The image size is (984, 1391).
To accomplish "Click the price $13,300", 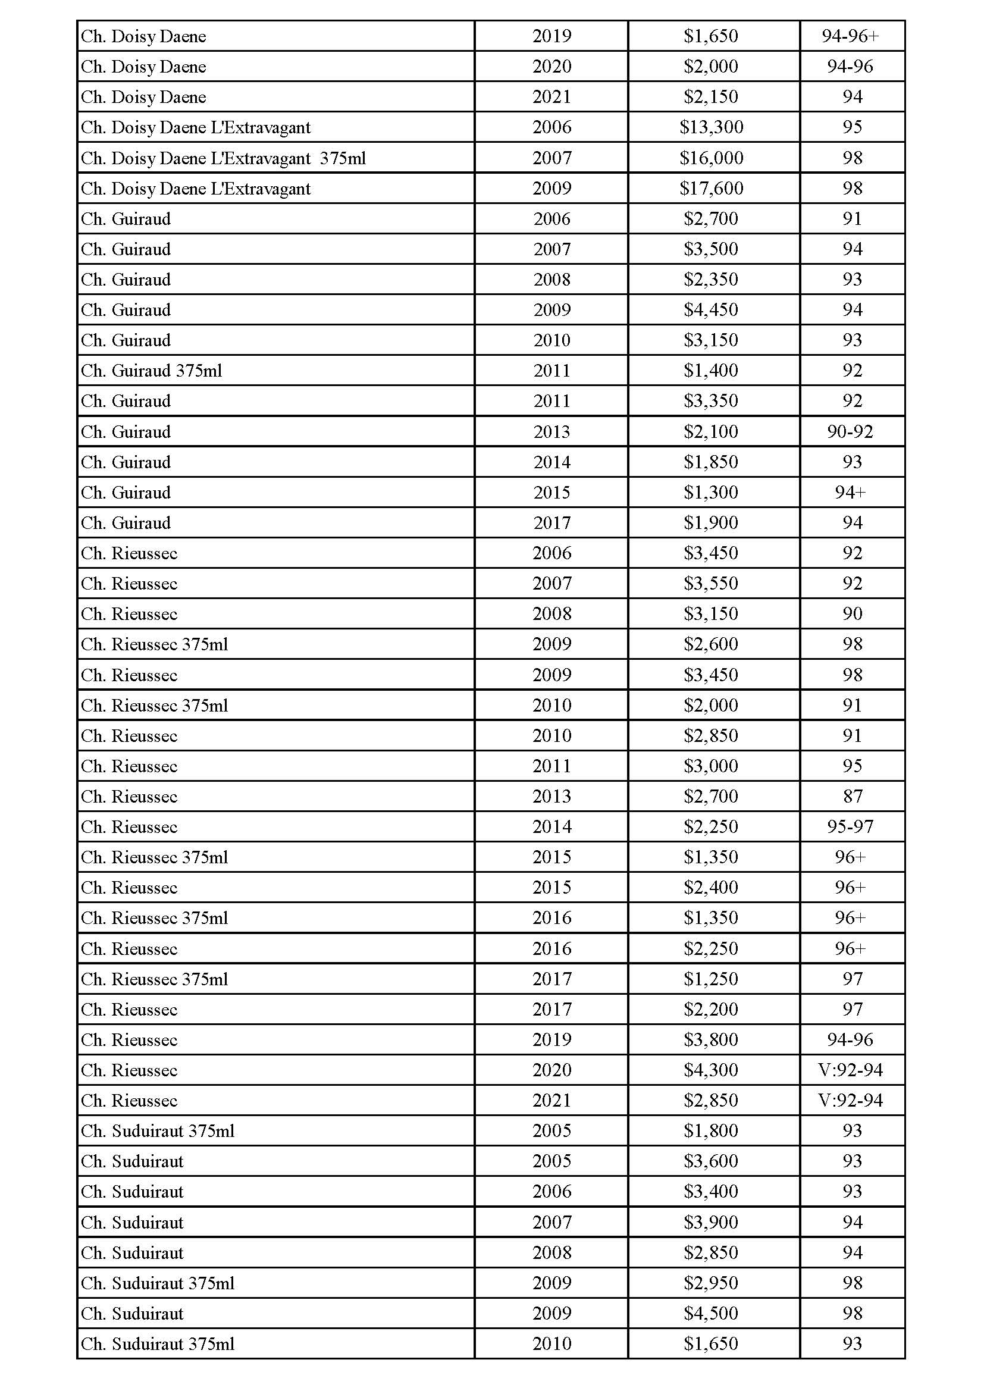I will pos(712,127).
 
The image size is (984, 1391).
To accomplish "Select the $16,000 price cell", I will pos(712,158).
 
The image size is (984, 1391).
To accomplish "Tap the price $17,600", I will pos(712,189).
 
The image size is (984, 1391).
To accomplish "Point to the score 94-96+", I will pos(850,36).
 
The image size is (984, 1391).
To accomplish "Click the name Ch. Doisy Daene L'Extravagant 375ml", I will pos(224,158).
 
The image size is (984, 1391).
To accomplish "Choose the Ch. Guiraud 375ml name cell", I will pos(152,370).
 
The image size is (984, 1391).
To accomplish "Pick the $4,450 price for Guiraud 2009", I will pos(711,309).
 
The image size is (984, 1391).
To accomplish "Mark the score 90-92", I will pos(850,431).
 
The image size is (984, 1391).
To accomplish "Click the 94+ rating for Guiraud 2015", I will pos(850,492).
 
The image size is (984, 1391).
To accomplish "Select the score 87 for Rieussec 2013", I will pos(852,796).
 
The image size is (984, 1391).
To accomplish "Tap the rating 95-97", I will pos(850,826).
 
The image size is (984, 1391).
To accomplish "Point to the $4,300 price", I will pos(711,1070).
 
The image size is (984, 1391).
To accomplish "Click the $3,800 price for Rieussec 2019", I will pos(711,1039).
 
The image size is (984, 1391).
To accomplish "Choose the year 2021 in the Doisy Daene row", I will pos(551,97).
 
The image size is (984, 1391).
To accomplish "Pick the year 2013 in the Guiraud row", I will pos(551,431).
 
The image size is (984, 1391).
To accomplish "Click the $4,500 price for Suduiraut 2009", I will pos(711,1313).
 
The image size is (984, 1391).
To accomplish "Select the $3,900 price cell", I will pos(711,1222).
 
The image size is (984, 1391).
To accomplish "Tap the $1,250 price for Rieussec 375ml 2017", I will pos(711,979).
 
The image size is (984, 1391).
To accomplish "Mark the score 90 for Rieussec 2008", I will pos(852,614).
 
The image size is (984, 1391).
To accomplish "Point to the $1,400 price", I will pos(711,370).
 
